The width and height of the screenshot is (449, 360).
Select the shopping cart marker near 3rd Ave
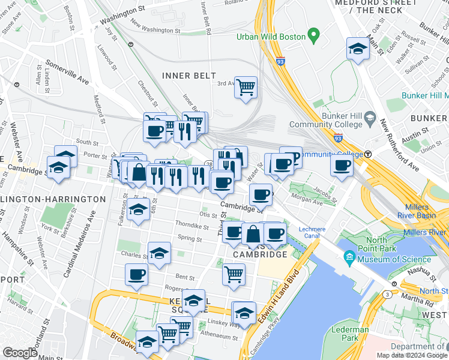pos(246,88)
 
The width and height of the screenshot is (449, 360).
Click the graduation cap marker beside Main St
pos(358,49)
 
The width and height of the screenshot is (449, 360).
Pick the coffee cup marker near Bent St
pos(136,275)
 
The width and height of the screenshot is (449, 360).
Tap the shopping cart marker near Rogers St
pos(234,274)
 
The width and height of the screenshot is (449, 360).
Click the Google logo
pos(20,352)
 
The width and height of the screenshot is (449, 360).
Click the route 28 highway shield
pos(209,164)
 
